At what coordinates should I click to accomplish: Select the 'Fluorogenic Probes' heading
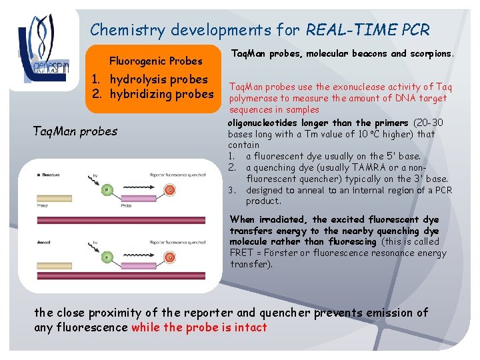tap(155, 61)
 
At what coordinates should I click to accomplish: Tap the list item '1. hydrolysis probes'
tap(151, 80)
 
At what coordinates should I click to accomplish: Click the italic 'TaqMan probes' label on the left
tap(75, 131)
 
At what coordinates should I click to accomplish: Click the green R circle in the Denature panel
tap(105, 191)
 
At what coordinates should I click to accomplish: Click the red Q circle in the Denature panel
tap(170, 191)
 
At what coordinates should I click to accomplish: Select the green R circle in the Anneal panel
tap(105, 257)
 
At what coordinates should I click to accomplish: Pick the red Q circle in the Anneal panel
tap(170, 257)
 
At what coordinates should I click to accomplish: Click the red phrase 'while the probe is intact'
tap(199, 327)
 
